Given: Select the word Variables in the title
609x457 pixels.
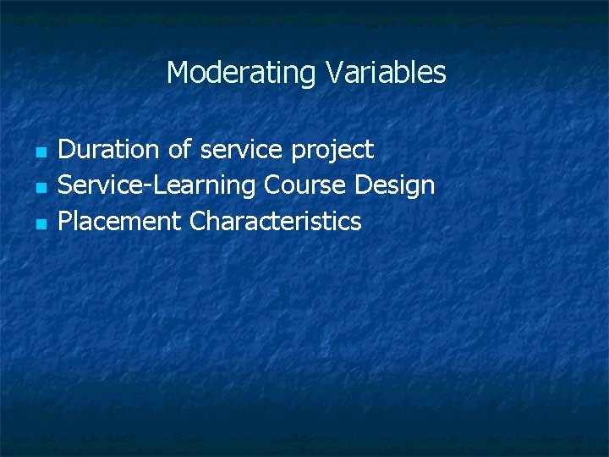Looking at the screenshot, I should tap(385, 73).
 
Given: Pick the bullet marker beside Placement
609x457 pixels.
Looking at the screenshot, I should tap(39, 224).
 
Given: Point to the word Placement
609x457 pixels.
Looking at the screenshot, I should tap(119, 222).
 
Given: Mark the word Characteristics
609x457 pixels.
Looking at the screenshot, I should tap(276, 222).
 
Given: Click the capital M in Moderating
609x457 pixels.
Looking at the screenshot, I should tap(177, 73).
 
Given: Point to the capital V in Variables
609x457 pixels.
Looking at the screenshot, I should tap(332, 73).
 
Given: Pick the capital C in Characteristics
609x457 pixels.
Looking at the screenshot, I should tap(198, 222).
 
